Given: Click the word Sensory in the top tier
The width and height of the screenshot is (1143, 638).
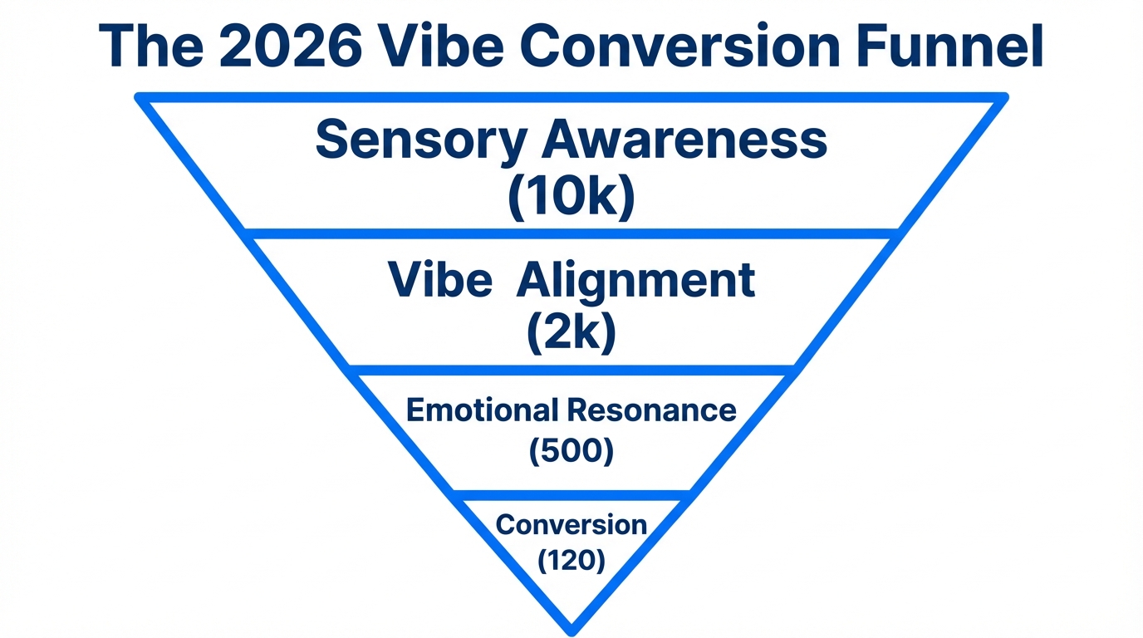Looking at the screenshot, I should point(419,141).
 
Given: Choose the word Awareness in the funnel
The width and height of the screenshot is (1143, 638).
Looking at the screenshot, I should point(684,140).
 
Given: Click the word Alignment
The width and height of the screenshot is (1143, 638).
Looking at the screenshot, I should point(635,280).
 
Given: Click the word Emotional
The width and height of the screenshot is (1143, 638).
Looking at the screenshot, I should point(482,410).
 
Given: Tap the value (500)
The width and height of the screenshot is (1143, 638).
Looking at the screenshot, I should point(571,451).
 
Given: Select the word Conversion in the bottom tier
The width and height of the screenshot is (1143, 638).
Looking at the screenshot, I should point(571,525).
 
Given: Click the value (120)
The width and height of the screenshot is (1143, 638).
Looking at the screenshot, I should point(571,561).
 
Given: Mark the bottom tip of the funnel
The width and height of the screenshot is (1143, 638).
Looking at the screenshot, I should point(571,631).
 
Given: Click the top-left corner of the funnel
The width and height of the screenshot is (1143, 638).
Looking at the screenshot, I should point(140,98).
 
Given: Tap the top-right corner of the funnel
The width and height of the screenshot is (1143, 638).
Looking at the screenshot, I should point(1003,98).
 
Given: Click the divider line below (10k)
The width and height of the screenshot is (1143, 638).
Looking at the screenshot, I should point(571,233).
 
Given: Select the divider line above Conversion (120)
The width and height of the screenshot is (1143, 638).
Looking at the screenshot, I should point(571,496).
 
